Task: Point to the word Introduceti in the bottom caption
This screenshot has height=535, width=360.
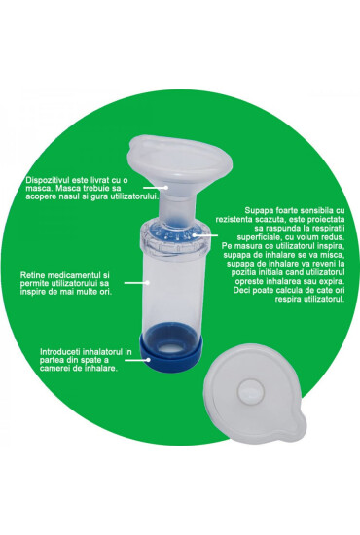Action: (x=47, y=347)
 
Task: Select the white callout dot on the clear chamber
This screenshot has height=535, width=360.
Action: (x=146, y=281)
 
